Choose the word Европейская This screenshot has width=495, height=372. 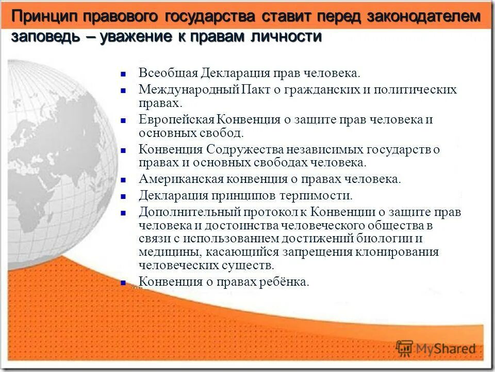tap(176, 120)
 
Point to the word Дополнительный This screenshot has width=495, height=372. tap(183, 212)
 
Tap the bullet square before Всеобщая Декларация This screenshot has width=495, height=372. tap(124, 73)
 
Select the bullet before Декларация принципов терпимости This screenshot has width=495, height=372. tap(124, 196)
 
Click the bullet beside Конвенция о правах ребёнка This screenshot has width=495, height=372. tap(124, 283)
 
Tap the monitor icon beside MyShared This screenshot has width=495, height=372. tap(405, 347)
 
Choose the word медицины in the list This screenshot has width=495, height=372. tap(170, 252)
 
